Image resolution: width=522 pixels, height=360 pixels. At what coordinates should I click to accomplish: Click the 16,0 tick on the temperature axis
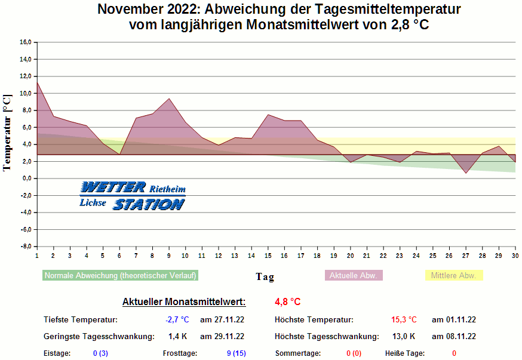click(25, 42)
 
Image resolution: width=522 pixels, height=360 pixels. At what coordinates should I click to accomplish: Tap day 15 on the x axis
click(268, 256)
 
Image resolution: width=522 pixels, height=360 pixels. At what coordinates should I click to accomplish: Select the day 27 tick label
click(466, 256)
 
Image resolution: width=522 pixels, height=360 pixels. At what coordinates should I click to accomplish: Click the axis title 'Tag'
click(265, 276)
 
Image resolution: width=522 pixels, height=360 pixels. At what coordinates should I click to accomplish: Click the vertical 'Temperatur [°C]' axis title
click(7, 133)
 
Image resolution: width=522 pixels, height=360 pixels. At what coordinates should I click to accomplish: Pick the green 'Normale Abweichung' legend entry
click(120, 276)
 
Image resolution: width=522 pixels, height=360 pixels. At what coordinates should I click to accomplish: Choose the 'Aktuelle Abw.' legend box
click(354, 275)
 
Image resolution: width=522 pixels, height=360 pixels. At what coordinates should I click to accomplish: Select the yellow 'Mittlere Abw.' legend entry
click(453, 275)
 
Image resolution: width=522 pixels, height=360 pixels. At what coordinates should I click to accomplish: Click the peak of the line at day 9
click(169, 99)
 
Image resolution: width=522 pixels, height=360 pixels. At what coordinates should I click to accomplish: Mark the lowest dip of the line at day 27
click(466, 173)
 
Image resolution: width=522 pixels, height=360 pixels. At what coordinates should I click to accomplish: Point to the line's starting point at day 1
click(37, 82)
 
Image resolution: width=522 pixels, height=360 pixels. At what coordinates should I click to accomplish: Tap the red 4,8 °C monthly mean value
click(288, 301)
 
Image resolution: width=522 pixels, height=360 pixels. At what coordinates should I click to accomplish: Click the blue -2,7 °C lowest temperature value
click(177, 320)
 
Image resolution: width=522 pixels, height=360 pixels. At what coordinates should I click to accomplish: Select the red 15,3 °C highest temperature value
click(404, 320)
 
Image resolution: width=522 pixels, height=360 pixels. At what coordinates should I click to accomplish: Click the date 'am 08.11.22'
click(453, 337)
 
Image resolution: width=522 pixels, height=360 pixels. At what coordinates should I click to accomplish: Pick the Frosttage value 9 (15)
click(237, 353)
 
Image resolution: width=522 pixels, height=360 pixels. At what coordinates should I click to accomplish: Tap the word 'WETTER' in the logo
click(113, 187)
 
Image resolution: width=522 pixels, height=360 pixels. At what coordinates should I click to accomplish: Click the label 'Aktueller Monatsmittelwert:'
click(184, 302)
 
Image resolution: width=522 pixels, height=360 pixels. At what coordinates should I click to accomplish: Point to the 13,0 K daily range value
click(403, 337)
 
